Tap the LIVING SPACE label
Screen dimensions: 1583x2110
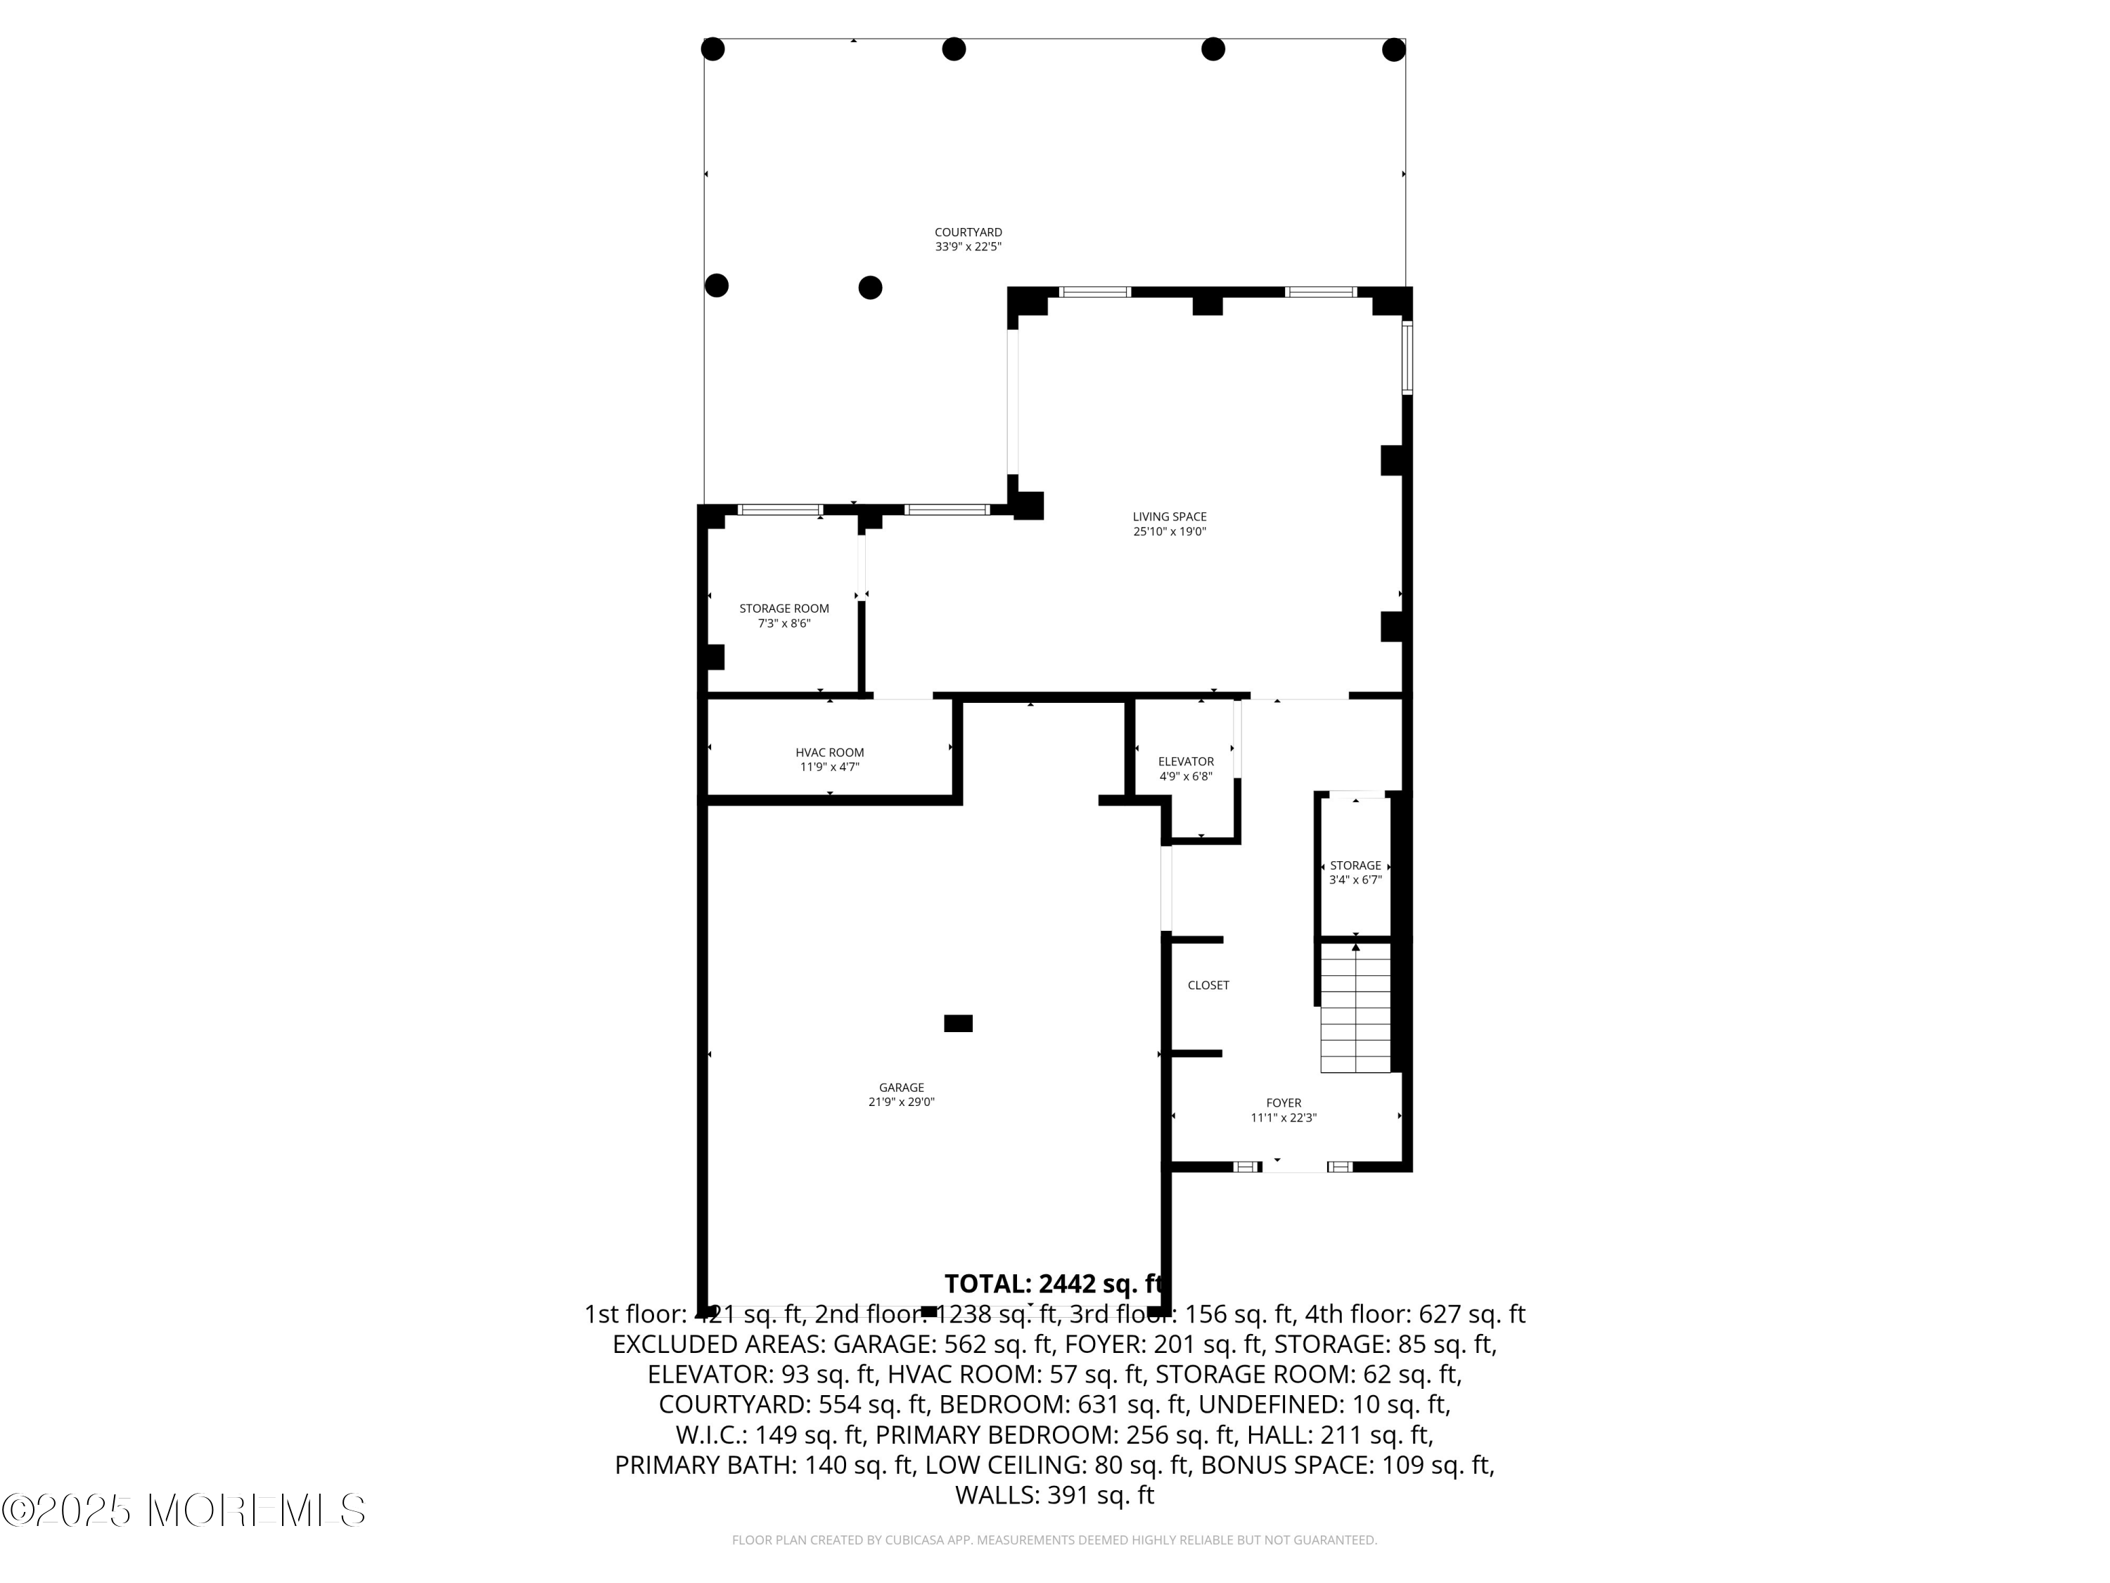click(x=1170, y=516)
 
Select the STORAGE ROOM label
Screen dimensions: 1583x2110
click(x=784, y=608)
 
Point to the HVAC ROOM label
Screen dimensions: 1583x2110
click(x=830, y=752)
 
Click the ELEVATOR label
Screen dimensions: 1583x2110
click(x=1186, y=761)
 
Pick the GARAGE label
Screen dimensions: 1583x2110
click(x=902, y=1087)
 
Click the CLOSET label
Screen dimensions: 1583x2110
click(x=1208, y=985)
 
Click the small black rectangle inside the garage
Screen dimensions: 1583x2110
click(x=958, y=1023)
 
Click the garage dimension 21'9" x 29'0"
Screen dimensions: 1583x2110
click(x=902, y=1102)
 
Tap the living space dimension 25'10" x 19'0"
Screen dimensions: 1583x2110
click(x=1170, y=531)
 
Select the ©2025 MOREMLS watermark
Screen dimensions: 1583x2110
click(x=183, y=1511)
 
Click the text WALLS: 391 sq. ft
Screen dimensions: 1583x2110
click(x=1054, y=1495)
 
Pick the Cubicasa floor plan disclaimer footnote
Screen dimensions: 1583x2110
click(x=1054, y=1540)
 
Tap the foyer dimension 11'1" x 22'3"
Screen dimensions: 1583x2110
click(x=1283, y=1117)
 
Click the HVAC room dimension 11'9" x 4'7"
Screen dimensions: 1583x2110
click(x=830, y=767)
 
